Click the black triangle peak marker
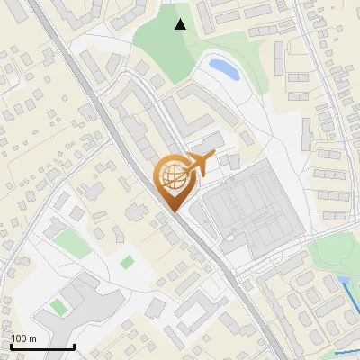pyautogui.click(x=181, y=24)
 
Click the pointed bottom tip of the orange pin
pyautogui.click(x=174, y=212)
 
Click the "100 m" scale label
pyautogui.click(x=24, y=338)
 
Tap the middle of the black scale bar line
pyautogui.click(x=42, y=346)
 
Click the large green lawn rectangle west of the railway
pyautogui.click(x=67, y=241)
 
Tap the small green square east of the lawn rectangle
pyautogui.click(x=128, y=262)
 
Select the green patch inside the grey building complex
pyautogui.click(x=58, y=307)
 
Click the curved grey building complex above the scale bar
pyautogui.click(x=85, y=301)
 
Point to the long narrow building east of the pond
pyautogui.click(x=279, y=58)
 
